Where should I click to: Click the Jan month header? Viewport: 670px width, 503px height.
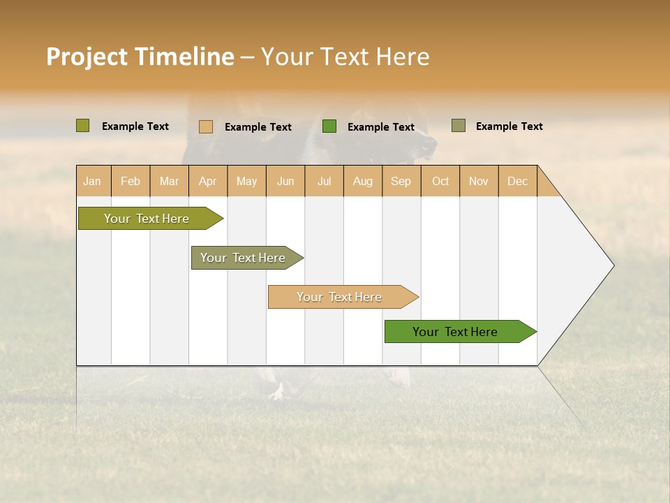tap(93, 181)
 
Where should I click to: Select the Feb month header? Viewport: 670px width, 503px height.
tap(131, 181)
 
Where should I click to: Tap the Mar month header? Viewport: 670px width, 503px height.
tap(169, 181)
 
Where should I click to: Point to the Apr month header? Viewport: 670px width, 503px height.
tap(208, 181)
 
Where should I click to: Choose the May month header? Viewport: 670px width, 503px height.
tap(246, 181)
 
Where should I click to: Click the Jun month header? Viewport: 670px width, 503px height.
tap(285, 181)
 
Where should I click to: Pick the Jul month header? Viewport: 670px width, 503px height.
tap(324, 181)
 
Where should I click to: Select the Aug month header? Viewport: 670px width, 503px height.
tap(363, 181)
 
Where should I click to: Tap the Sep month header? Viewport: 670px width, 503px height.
tap(401, 181)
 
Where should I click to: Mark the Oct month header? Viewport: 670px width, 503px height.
tap(440, 181)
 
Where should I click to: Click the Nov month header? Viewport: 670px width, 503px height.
tap(479, 181)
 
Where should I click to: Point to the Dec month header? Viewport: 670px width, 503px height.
tap(518, 181)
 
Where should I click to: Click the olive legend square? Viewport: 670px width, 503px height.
tap(83, 126)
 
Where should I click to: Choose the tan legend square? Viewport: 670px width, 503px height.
tap(206, 126)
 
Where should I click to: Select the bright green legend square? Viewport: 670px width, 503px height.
tap(329, 126)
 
